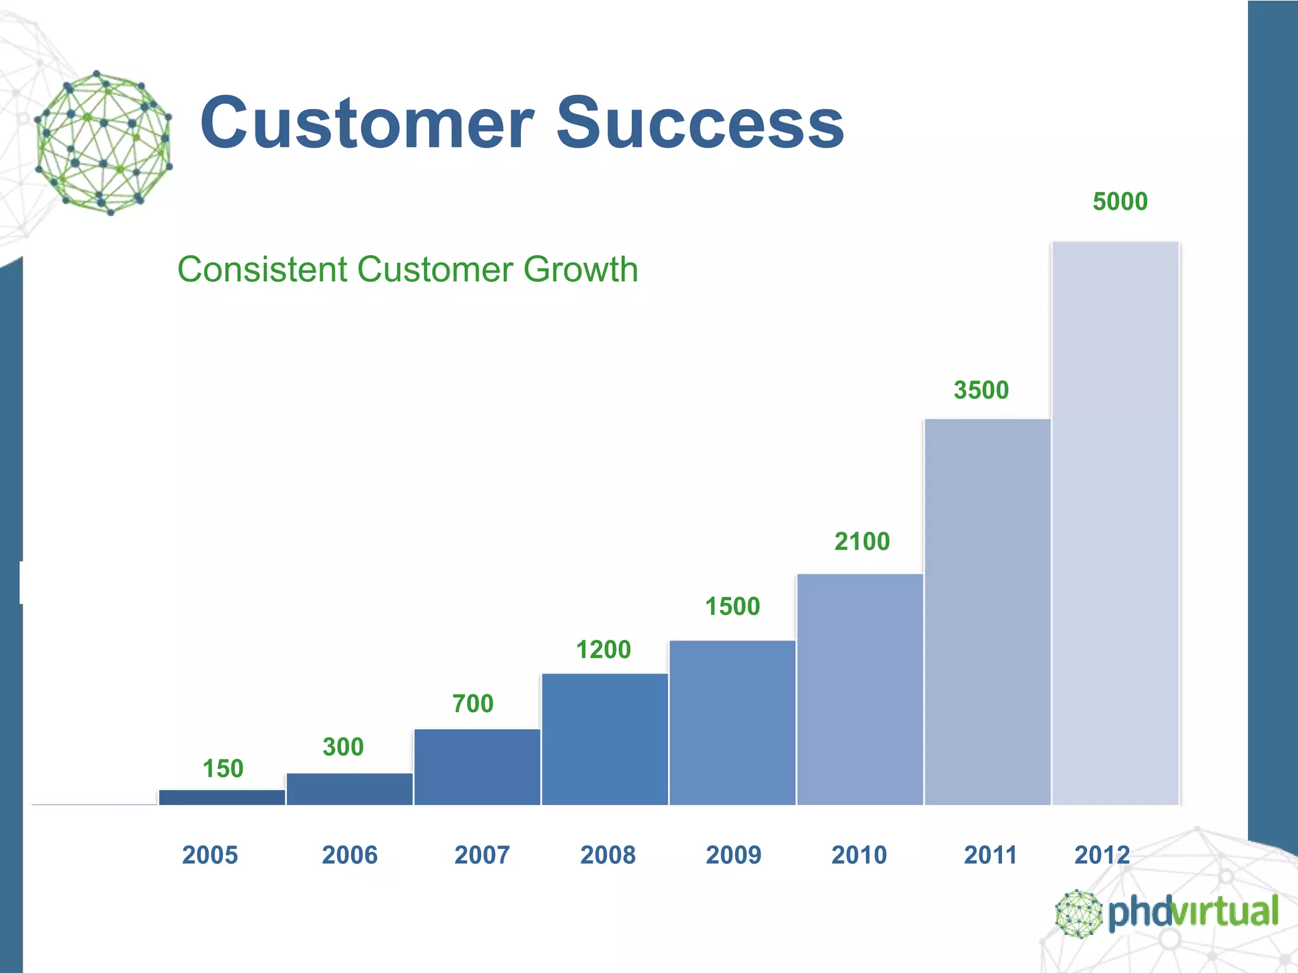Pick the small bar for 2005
point(222,798)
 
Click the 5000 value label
point(1120,201)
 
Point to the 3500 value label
point(981,390)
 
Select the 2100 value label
point(862,542)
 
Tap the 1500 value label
point(733,607)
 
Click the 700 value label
point(473,704)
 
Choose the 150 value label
point(222,769)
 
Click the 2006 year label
point(350,855)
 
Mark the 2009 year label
point(733,855)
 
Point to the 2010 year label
point(859,855)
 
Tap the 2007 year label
point(482,855)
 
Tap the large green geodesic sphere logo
point(103,143)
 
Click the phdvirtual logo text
point(1193,912)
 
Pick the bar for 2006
point(350,789)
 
